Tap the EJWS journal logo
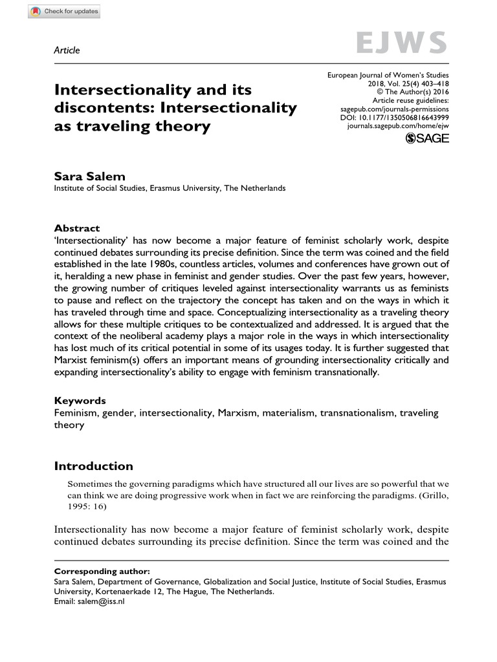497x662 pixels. (x=401, y=43)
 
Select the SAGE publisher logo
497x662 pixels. (x=426, y=139)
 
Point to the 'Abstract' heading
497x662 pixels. (x=77, y=228)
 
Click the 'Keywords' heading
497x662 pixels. (x=80, y=401)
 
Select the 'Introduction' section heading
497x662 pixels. (x=93, y=466)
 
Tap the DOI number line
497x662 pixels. (x=394, y=118)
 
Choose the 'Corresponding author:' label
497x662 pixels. (x=102, y=571)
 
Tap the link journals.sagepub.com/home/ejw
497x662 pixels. (x=397, y=127)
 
